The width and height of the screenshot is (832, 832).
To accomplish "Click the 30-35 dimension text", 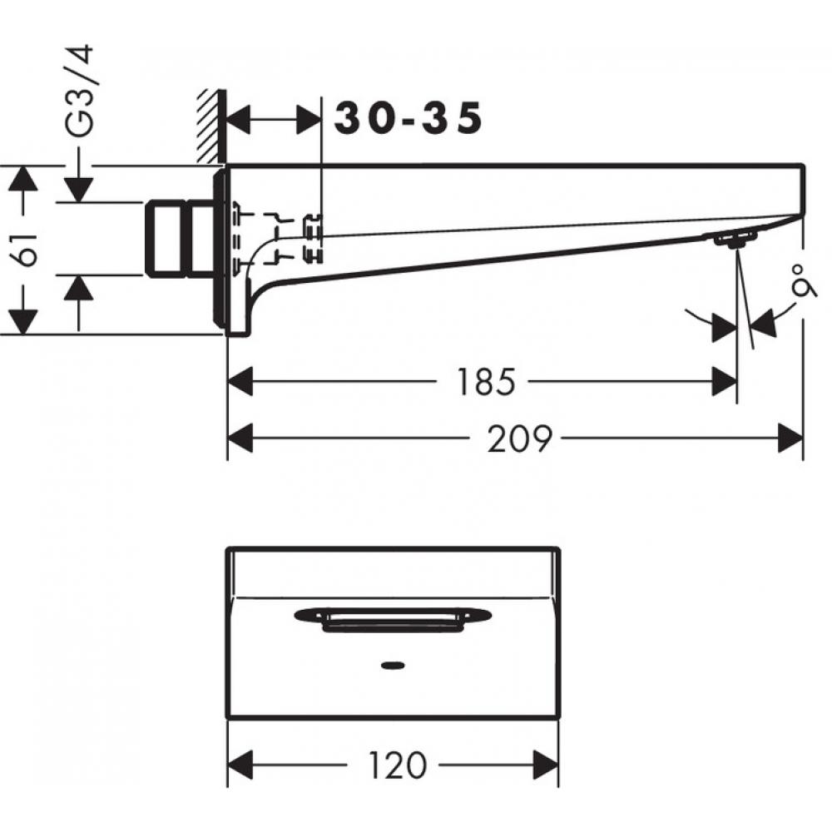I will (x=409, y=119).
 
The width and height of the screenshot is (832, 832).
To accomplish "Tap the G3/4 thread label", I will (x=81, y=92).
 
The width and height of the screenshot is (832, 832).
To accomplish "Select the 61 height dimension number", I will (x=27, y=249).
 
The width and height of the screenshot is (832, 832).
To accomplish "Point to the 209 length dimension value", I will (x=519, y=438).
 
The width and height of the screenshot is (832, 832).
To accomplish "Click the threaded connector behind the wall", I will (x=179, y=237).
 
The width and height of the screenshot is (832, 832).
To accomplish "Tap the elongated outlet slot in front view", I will (x=392, y=617).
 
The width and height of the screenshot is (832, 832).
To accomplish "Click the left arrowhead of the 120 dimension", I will (x=240, y=764).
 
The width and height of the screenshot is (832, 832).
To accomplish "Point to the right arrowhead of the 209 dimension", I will (x=790, y=438).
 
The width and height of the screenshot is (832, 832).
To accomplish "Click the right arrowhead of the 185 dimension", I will (x=724, y=382).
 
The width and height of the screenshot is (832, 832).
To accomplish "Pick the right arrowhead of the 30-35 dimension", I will (x=309, y=121).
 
